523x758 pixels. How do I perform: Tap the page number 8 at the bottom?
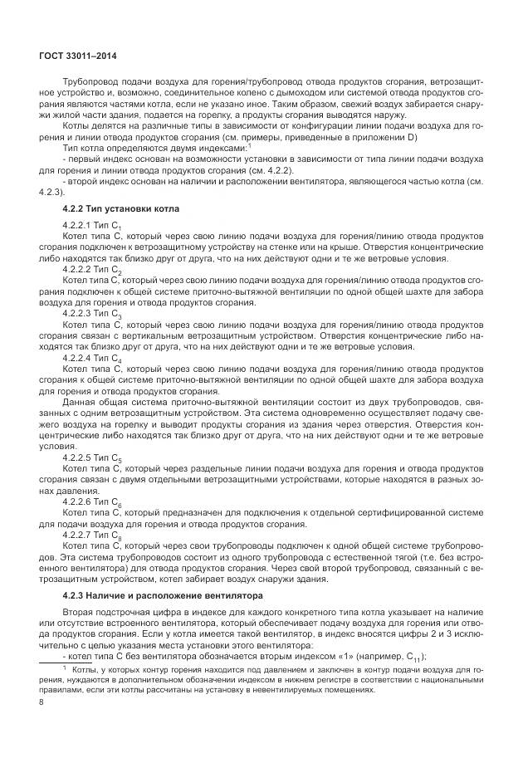pyautogui.click(x=41, y=702)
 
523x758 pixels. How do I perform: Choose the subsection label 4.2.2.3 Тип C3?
pyautogui.click(x=91, y=315)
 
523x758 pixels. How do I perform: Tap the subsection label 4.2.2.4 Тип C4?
pyautogui.click(x=91, y=358)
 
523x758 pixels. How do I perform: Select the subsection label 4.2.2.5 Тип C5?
pyautogui.click(x=91, y=457)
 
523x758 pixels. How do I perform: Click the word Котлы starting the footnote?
pyautogui.click(x=86, y=669)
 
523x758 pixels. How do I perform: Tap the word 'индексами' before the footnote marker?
pyautogui.click(x=223, y=147)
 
